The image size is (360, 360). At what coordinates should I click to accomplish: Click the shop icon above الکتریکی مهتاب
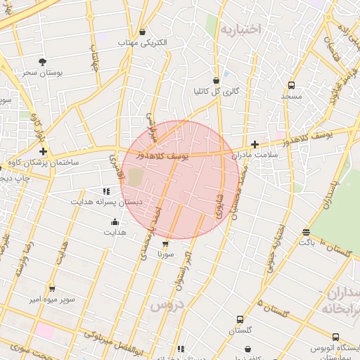(x=143, y=32)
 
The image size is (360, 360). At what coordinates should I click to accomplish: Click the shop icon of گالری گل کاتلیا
(x=216, y=80)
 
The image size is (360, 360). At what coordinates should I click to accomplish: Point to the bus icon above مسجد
(x=290, y=85)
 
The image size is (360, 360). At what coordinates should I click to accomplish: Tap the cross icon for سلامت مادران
(x=255, y=143)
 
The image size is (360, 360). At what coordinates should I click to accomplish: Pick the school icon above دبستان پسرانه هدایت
(x=106, y=191)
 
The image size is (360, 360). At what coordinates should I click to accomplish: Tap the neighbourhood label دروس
(x=166, y=304)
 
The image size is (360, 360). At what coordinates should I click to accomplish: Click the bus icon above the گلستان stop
(x=240, y=319)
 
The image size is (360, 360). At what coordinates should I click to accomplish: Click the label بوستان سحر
(x=43, y=72)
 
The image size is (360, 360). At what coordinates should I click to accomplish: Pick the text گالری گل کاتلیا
(x=216, y=91)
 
